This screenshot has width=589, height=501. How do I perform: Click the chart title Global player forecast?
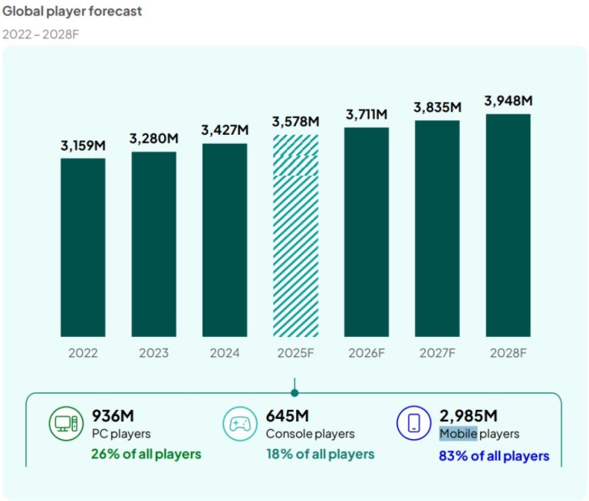pyautogui.click(x=72, y=11)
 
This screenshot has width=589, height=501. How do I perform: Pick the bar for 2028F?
pyautogui.click(x=508, y=225)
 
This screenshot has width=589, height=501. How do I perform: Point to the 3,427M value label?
pyautogui.click(x=225, y=130)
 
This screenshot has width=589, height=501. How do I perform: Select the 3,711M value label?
pyautogui.click(x=367, y=114)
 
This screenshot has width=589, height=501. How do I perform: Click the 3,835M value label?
pyautogui.click(x=437, y=107)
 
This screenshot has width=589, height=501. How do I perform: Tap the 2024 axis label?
pyautogui.click(x=225, y=353)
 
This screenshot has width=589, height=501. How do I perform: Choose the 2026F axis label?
pyautogui.click(x=367, y=353)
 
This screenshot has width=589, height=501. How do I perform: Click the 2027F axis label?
pyautogui.click(x=437, y=353)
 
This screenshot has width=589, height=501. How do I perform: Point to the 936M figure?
pyautogui.click(x=113, y=416)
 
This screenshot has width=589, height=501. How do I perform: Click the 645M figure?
pyautogui.click(x=288, y=416)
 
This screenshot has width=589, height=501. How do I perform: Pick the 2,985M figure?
pyautogui.click(x=469, y=416)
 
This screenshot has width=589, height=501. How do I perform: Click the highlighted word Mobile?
pyautogui.click(x=458, y=434)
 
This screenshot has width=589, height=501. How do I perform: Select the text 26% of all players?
pyautogui.click(x=146, y=454)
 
